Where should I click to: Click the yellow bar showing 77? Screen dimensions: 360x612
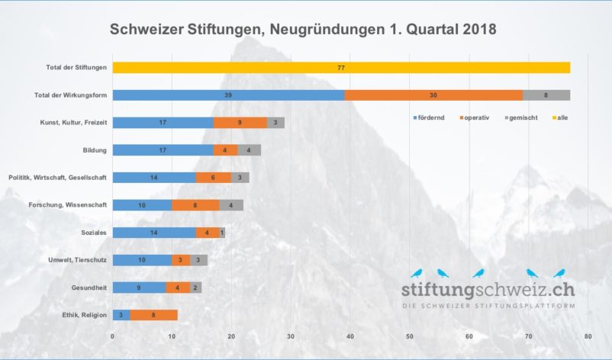coord(341,68)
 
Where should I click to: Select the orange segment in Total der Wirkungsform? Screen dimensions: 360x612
coord(433,95)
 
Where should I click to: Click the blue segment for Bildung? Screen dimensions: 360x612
coord(163,150)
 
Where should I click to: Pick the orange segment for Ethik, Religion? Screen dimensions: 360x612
coord(154,315)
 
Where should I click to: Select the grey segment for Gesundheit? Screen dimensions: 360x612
coord(195,288)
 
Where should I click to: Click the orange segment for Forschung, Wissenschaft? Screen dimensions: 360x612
coord(195,205)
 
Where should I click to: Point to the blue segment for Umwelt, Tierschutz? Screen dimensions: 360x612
coord(142,260)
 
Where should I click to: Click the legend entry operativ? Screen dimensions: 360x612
coord(477,117)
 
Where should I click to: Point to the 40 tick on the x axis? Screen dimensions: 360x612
coord(350,336)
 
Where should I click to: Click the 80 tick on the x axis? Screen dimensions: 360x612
coord(588,336)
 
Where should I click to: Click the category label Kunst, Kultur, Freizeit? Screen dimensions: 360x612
coord(73,123)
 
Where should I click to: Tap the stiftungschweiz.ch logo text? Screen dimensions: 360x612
coord(488,290)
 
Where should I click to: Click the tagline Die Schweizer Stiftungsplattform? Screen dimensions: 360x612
coord(488,306)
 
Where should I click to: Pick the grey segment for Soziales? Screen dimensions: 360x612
coord(222,233)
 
